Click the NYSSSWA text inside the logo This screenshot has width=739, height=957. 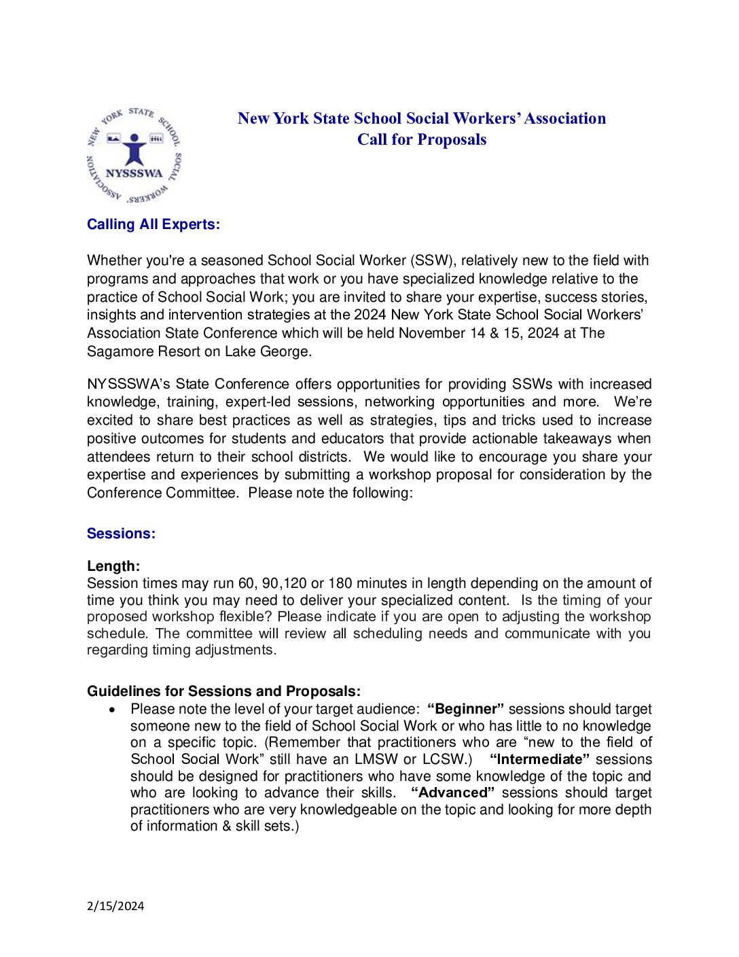[x=134, y=173]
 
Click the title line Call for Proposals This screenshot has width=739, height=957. [x=422, y=139]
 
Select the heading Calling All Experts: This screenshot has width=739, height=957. [x=154, y=224]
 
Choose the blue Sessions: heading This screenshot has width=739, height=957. [x=121, y=534]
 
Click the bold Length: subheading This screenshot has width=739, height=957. [x=113, y=566]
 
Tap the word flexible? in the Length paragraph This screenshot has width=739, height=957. [x=246, y=616]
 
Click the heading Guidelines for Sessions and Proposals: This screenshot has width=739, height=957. [x=223, y=691]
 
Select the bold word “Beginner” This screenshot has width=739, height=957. [x=465, y=709]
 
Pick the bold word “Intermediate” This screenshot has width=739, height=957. [x=539, y=759]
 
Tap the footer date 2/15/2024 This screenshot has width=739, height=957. [x=115, y=906]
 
